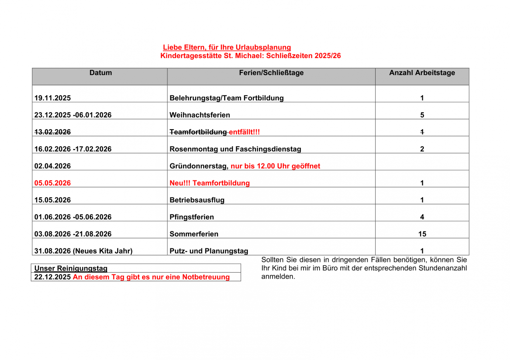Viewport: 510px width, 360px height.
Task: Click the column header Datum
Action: pos(101,73)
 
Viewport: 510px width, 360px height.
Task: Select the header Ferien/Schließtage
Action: pos(271,73)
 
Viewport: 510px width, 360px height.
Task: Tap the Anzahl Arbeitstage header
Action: pos(422,73)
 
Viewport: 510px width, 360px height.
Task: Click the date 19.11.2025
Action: pos(52,98)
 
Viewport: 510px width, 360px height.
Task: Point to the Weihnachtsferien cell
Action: pos(200,115)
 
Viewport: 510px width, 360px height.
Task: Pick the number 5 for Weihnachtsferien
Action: pos(422,115)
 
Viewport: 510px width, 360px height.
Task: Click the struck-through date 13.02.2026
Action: pos(52,132)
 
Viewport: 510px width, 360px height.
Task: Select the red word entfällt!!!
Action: pos(244,132)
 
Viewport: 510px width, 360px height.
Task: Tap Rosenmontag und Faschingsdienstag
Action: pos(235,149)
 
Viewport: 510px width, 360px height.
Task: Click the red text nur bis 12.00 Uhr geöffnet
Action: pos(275,166)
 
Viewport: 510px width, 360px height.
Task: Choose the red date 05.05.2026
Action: pos(52,183)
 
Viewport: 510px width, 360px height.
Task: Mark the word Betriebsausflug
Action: pos(197,200)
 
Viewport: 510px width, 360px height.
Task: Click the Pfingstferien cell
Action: pos(192,217)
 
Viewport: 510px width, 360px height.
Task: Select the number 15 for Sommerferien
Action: pos(422,234)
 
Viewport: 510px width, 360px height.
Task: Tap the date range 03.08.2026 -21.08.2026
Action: pos(73,234)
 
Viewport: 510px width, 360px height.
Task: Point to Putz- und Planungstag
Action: pos(209,251)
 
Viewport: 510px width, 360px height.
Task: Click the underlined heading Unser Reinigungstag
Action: pos(71,268)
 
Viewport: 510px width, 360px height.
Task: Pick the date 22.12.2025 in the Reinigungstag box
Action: pos(52,277)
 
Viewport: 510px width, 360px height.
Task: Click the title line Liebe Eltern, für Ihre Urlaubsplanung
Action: pos(227,47)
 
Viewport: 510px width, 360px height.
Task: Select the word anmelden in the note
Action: pos(278,277)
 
